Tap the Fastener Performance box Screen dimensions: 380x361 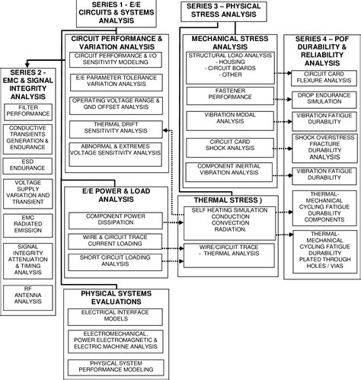(x=225, y=94)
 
